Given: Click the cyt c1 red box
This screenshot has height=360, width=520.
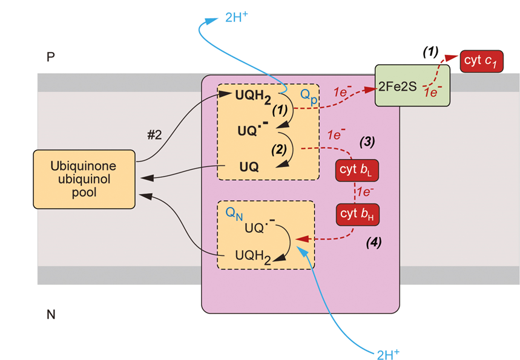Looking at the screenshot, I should click(x=482, y=61).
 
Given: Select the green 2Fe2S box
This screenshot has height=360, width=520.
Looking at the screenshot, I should click(x=413, y=85).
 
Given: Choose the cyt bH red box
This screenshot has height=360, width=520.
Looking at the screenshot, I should click(x=357, y=214).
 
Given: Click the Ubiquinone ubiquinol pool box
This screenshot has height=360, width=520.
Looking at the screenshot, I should click(x=84, y=179).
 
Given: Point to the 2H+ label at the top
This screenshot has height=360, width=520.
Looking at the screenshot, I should click(x=236, y=18).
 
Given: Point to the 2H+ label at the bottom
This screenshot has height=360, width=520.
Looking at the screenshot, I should click(x=389, y=352).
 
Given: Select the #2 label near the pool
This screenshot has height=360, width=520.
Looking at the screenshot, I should click(x=155, y=136).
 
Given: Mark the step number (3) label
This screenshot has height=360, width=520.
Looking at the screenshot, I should click(x=367, y=143).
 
